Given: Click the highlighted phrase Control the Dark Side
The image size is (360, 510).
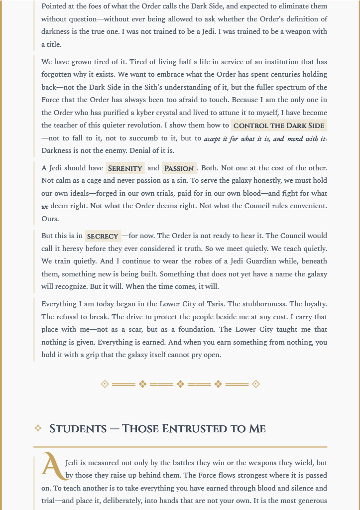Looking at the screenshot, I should pyautogui.click(x=279, y=126).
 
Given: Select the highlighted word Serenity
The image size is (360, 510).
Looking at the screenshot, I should pyautogui.click(x=125, y=168).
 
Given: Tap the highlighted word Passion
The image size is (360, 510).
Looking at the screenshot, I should pyautogui.click(x=179, y=168).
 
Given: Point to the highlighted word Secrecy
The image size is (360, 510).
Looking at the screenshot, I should pyautogui.click(x=103, y=236).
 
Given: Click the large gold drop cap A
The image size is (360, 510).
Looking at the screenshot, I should pyautogui.click(x=52, y=465).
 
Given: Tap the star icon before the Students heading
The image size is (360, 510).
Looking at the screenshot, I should pyautogui.click(x=38, y=428).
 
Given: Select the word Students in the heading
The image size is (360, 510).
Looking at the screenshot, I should pyautogui.click(x=78, y=428).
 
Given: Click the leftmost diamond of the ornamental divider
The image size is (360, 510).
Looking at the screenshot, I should pyautogui.click(x=105, y=384).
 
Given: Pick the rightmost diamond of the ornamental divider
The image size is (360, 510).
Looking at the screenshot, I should pyautogui.click(x=256, y=384).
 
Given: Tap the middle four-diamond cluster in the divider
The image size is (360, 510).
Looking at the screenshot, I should pyautogui.click(x=180, y=384).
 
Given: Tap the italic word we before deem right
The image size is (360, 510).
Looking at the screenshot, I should pyautogui.click(x=45, y=206).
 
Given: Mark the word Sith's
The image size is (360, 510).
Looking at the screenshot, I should pyautogui.click(x=136, y=87).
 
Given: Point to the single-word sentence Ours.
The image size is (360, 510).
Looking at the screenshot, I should pyautogui.click(x=50, y=219).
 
